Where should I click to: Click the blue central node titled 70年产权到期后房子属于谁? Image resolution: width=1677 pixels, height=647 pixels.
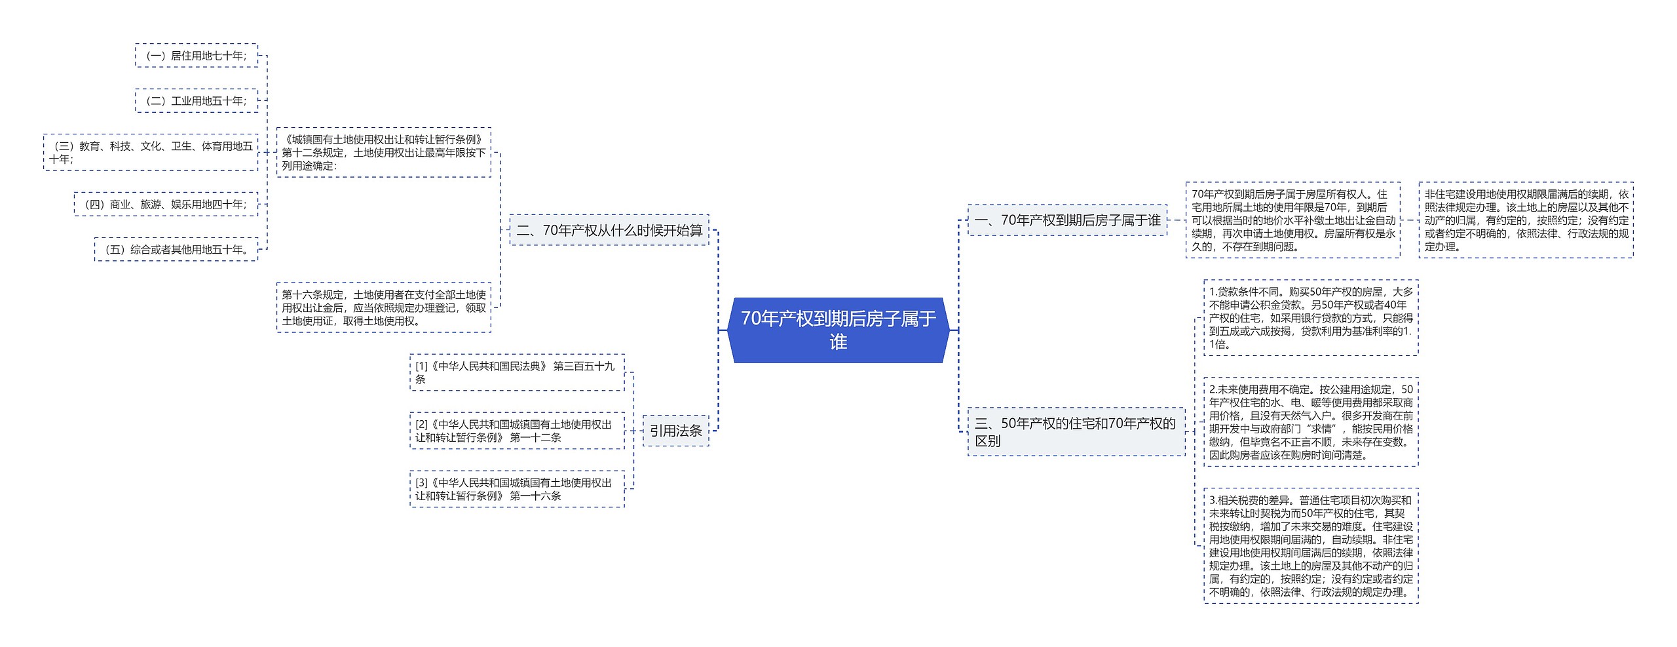point(838,330)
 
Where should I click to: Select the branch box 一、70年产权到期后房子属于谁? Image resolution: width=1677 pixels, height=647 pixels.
point(1067,220)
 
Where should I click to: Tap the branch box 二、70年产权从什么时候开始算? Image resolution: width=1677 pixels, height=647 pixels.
point(609,230)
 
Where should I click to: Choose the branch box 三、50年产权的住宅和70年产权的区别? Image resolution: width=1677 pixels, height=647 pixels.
point(1076,431)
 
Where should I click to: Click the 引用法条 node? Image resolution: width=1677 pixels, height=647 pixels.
point(675,431)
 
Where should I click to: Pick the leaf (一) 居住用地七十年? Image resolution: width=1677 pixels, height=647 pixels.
point(197,56)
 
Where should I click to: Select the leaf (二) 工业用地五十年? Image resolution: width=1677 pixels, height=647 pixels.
point(197,101)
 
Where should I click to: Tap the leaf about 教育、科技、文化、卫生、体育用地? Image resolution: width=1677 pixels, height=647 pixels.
point(151,152)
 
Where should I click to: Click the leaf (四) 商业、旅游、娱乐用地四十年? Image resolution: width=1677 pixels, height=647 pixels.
point(166,205)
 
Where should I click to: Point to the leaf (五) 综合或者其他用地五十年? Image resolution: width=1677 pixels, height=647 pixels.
point(176,250)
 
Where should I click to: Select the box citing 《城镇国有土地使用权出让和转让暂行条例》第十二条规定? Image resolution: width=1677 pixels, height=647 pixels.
point(383,152)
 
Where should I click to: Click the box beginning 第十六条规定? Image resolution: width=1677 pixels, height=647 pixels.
point(383,307)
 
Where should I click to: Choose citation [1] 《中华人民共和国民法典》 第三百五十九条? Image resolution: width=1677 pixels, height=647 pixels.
point(517,372)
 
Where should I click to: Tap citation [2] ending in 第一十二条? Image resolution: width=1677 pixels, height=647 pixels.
point(517,431)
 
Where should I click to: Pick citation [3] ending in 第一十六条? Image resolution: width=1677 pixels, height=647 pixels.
point(517,489)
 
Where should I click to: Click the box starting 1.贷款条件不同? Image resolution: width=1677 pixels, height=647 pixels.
point(1311,318)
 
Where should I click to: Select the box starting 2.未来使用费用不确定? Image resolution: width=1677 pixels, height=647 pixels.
point(1311,422)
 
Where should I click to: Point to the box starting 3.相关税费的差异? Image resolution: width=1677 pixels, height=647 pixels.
point(1311,545)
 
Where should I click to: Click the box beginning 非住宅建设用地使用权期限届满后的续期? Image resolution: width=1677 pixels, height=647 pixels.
point(1526,220)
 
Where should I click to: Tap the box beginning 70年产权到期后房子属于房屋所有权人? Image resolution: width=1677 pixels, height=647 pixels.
point(1292,220)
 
